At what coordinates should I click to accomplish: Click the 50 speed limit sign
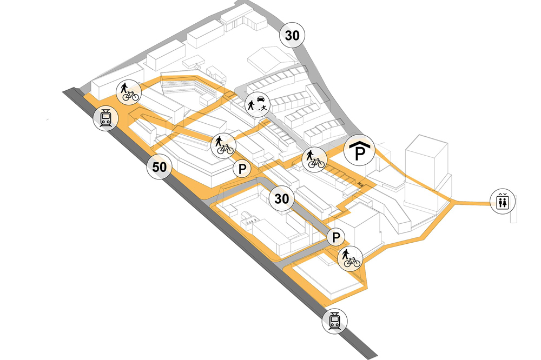point(159,167)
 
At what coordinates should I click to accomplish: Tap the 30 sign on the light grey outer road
point(292,36)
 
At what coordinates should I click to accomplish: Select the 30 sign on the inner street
point(282,198)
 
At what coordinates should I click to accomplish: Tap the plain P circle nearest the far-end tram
point(336,237)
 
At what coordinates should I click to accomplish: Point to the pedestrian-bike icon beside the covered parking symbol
point(313,159)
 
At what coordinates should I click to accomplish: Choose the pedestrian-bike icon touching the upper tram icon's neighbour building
point(129,92)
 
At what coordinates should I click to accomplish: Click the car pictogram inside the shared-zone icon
point(261,99)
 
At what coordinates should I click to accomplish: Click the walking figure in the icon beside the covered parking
point(311,157)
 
